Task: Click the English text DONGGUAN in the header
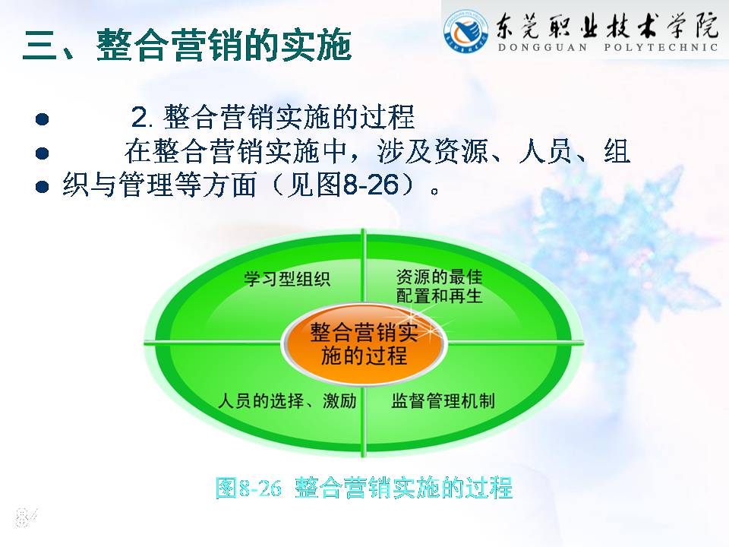click(542, 47)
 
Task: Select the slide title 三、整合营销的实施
click(187, 45)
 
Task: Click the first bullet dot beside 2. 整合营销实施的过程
click(42, 119)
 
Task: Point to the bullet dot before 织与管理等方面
click(42, 187)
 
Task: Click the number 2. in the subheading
click(142, 117)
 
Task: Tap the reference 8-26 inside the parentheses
click(371, 185)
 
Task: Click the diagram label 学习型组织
click(287, 279)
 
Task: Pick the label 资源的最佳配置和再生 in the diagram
click(440, 286)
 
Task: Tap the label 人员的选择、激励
click(287, 400)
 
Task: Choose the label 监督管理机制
click(443, 400)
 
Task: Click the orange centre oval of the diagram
click(364, 345)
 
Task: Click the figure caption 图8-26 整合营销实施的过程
click(364, 488)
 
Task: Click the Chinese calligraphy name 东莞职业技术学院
click(607, 24)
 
